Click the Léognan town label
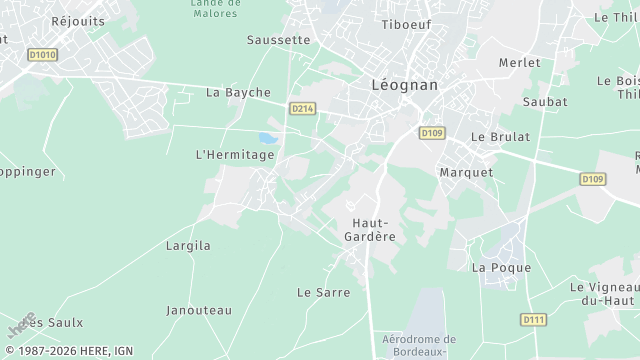tap(404, 85)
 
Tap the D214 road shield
tap(302, 108)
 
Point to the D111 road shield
tap(534, 319)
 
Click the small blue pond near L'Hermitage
tap(266, 139)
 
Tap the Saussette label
tap(278, 40)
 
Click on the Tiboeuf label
tap(404, 24)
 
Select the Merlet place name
tap(519, 62)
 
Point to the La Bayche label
tap(238, 93)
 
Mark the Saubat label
tap(545, 102)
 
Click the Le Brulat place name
tap(500, 136)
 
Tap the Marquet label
tap(466, 172)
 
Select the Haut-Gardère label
tap(374, 229)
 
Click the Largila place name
tap(188, 244)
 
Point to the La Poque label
tap(492, 267)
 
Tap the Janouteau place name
tap(199, 310)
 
